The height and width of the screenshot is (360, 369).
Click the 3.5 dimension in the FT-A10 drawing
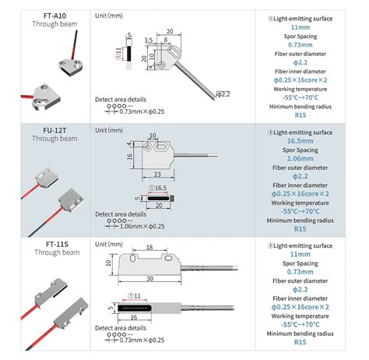[148, 37]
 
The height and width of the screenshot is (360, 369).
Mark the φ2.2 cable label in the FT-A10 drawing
[223, 94]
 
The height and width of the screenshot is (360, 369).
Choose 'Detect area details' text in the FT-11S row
[120, 330]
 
